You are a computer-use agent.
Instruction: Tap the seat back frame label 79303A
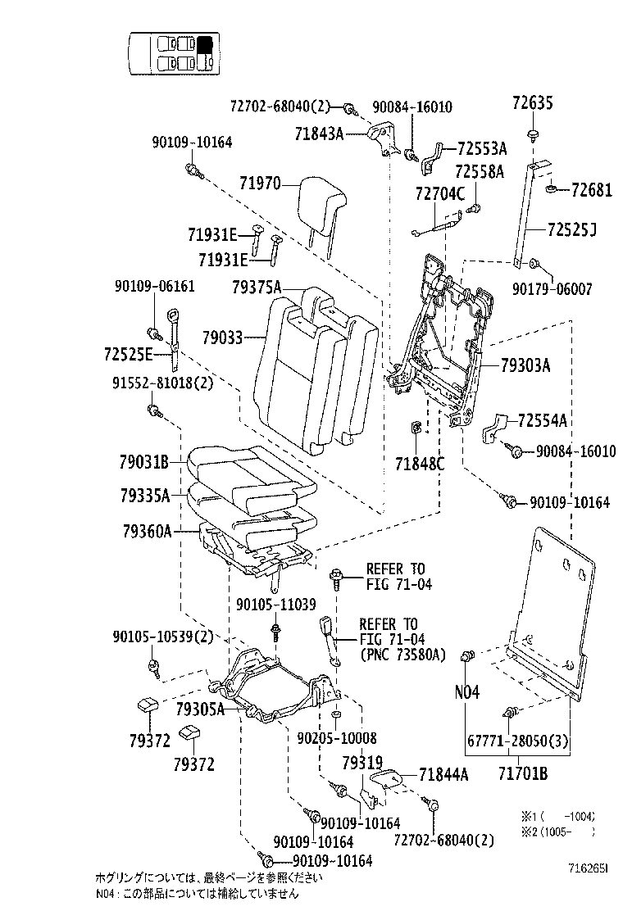pos(525,365)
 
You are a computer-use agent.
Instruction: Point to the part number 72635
pos(533,103)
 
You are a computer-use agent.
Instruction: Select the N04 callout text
pos(466,692)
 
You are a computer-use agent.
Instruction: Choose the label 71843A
pos(319,132)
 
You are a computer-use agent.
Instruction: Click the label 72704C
pos(439,194)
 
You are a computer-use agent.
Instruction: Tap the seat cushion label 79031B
pos(143,463)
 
